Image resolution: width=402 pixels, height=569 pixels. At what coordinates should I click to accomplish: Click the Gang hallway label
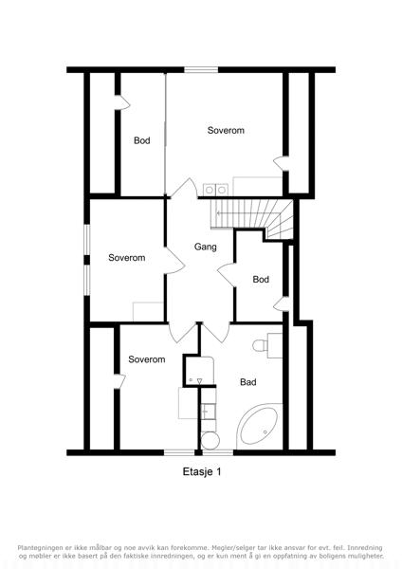206,248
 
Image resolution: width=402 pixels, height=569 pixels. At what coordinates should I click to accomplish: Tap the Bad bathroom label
248,382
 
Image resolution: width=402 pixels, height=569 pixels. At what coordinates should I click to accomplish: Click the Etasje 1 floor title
202,471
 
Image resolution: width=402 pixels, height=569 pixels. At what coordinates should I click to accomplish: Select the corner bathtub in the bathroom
259,426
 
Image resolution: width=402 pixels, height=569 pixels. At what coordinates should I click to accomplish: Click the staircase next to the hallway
252,219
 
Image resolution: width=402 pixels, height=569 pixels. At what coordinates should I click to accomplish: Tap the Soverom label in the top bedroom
226,130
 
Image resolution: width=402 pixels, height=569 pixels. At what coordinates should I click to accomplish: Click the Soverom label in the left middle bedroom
127,258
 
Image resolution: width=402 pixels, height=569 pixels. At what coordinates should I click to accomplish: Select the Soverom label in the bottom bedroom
147,359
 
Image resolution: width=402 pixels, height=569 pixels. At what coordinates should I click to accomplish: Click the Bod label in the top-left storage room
142,140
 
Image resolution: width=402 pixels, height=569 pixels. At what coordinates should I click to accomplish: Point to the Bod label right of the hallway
261,280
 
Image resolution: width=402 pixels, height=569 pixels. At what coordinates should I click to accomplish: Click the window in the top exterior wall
201,70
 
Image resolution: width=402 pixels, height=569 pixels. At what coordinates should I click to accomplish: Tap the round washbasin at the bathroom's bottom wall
210,441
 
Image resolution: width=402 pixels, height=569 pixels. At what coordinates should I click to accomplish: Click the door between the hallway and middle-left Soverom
174,261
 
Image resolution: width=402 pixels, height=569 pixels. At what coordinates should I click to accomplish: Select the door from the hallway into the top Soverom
185,189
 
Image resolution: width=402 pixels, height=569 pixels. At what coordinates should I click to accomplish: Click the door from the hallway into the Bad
215,332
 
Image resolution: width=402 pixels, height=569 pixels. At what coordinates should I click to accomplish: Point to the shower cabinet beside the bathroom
200,370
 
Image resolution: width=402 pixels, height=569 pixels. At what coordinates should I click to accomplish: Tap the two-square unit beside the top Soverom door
216,190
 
